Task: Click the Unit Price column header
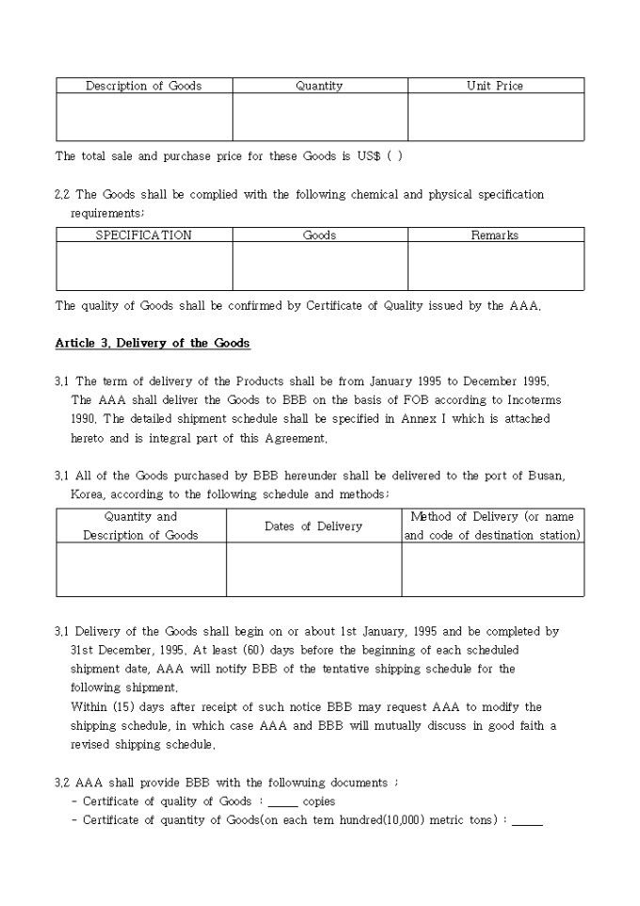[495, 86]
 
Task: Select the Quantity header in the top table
[319, 86]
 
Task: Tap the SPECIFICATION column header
[144, 235]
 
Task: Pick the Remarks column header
[495, 235]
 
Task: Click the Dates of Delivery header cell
[313, 526]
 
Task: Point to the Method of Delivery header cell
[492, 526]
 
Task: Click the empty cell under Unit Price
[495, 117]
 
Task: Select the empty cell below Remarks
[495, 266]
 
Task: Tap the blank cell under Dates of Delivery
[313, 569]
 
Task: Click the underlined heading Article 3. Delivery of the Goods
[152, 343]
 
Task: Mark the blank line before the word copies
[282, 801]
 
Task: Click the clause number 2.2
[62, 195]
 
